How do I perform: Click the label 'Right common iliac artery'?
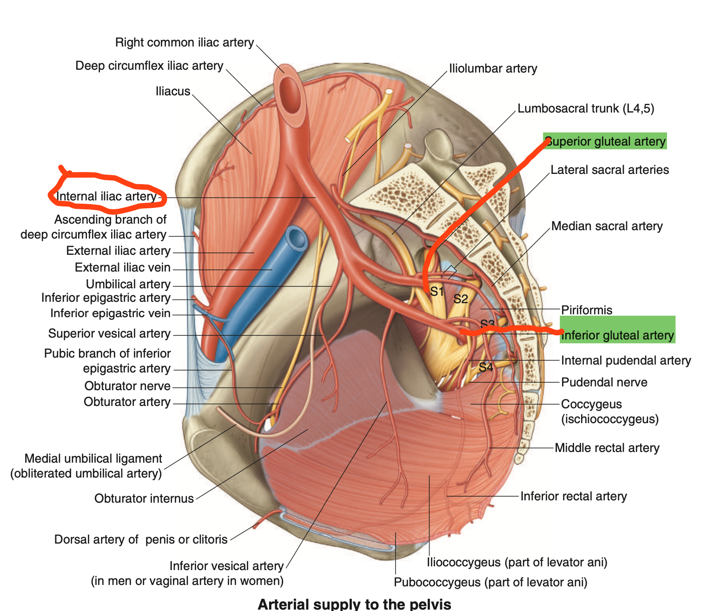click(x=184, y=43)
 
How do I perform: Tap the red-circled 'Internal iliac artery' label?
click(x=106, y=197)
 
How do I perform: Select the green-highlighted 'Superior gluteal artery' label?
click(x=605, y=141)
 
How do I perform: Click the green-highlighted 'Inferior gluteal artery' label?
click(x=617, y=335)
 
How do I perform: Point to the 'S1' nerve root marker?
click(x=437, y=292)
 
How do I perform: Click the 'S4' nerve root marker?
click(x=486, y=367)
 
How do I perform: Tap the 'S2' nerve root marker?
click(x=461, y=299)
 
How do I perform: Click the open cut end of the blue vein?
click(x=296, y=238)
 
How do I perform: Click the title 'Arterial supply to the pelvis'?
click(x=354, y=604)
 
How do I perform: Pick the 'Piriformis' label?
click(x=587, y=310)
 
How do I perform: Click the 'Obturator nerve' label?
click(x=127, y=386)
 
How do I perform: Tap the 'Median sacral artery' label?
click(x=607, y=226)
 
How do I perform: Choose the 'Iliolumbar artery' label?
click(x=493, y=69)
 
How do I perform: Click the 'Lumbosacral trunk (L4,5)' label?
click(x=586, y=109)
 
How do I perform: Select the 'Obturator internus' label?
click(x=144, y=498)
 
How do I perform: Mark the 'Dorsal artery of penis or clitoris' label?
click(x=141, y=539)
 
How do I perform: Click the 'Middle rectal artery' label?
click(x=607, y=448)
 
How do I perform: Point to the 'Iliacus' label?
click(x=173, y=91)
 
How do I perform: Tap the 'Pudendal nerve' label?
click(x=604, y=382)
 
